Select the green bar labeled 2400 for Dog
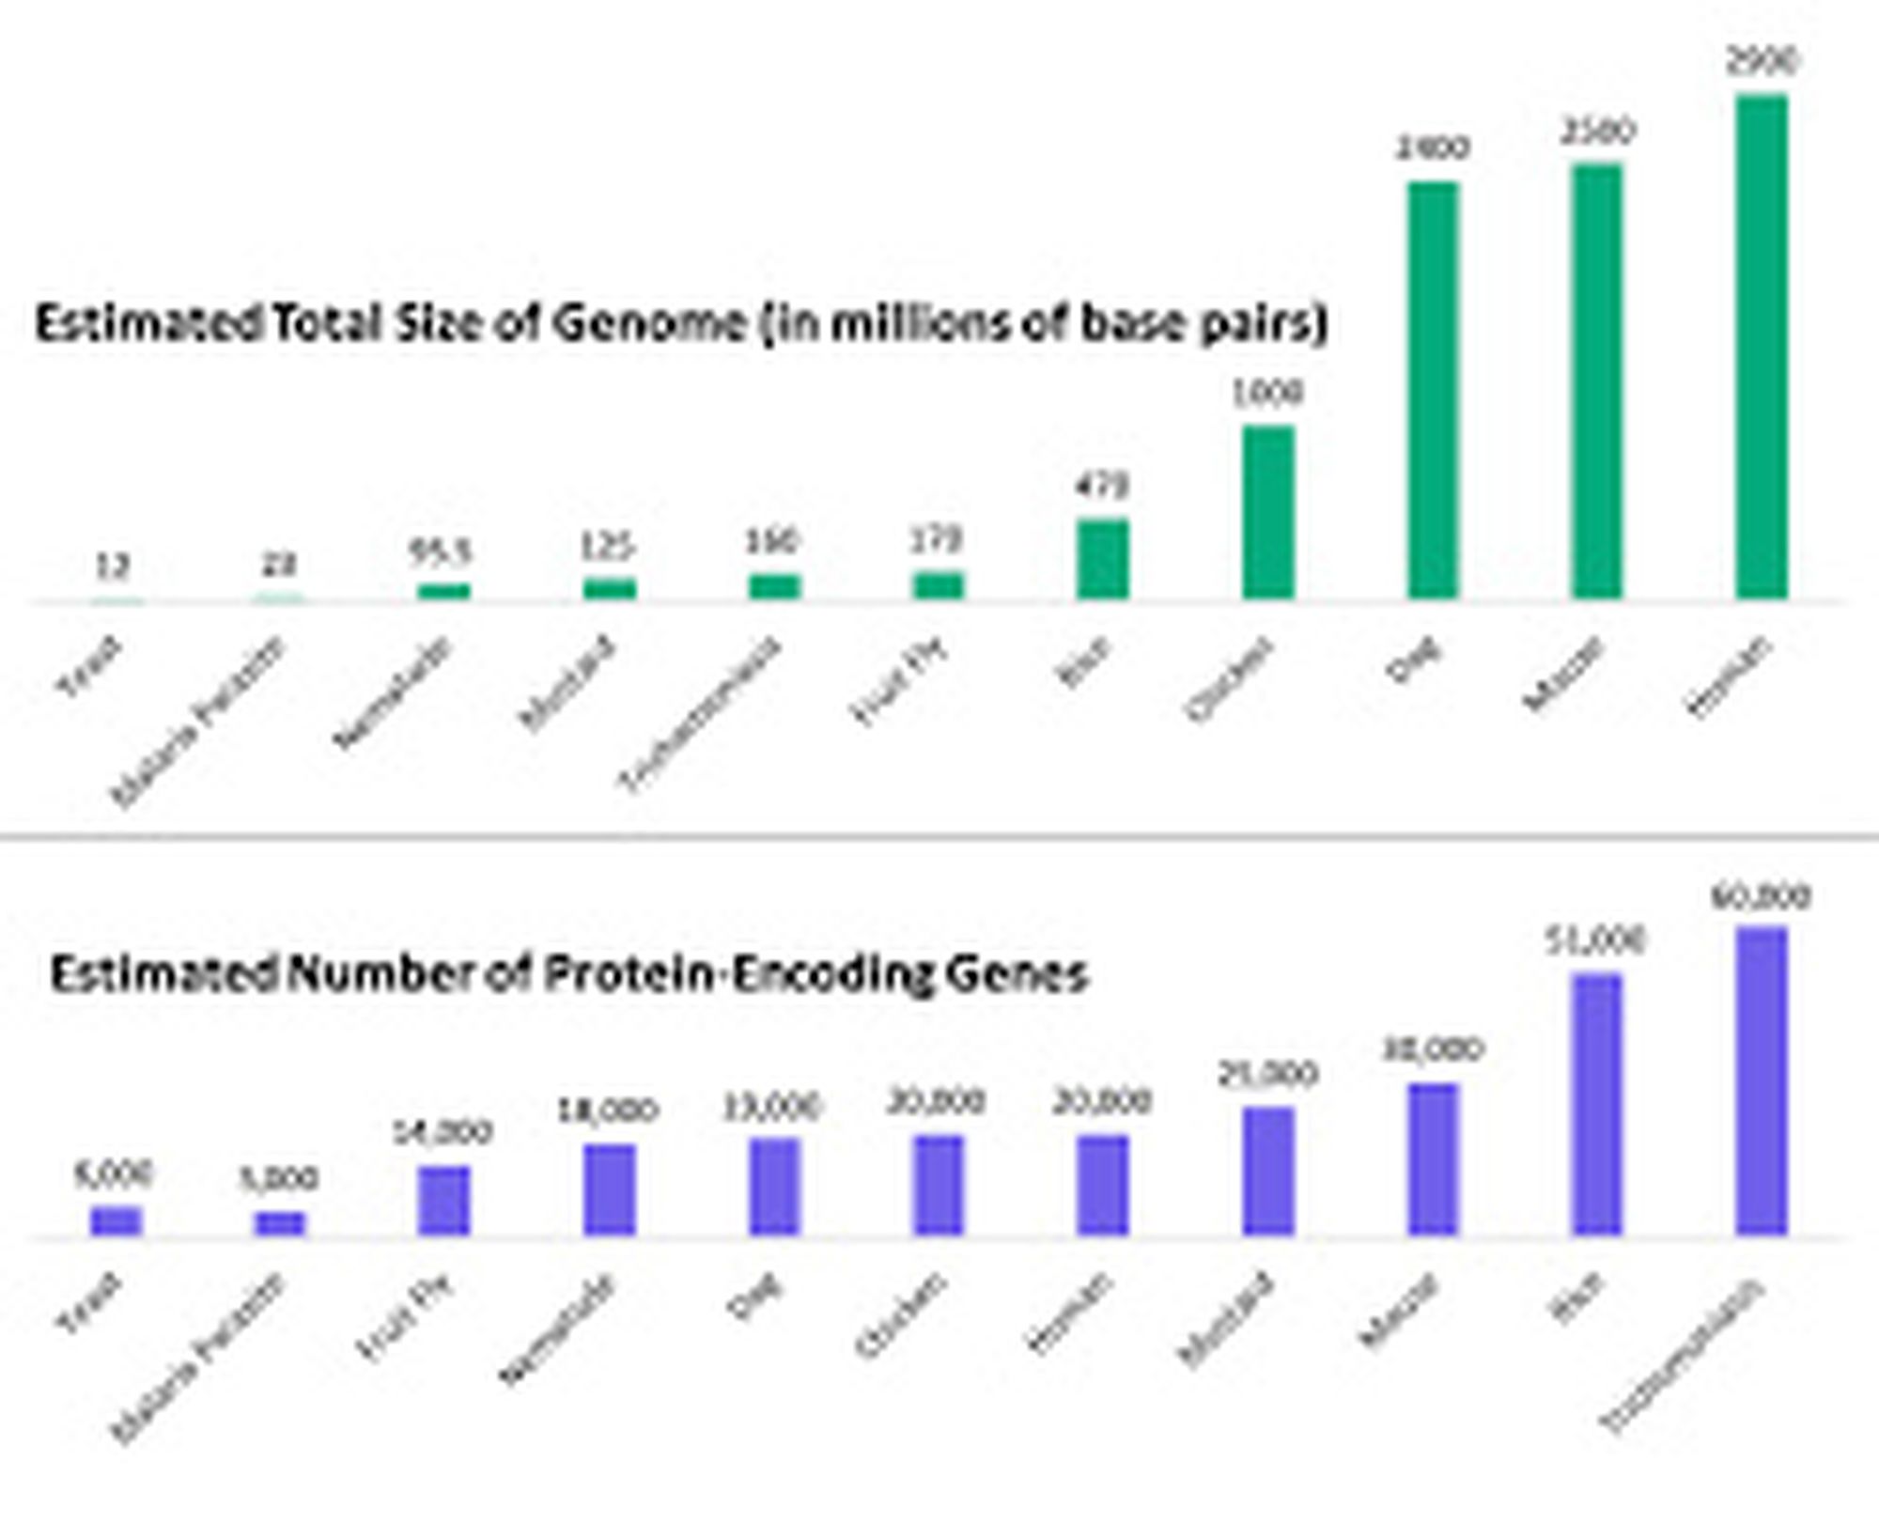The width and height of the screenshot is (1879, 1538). tap(1433, 390)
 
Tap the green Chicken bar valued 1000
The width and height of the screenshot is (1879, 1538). tap(1268, 512)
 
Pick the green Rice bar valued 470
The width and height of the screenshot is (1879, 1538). tap(1103, 559)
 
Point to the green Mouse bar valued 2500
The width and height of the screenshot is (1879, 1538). tap(1597, 381)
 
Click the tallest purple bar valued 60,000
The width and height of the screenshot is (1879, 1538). tap(1762, 1080)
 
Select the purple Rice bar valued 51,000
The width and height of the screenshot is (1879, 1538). tap(1597, 1104)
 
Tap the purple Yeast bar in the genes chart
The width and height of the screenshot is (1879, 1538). tap(116, 1220)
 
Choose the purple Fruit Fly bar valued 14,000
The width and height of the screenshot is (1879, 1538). tap(444, 1200)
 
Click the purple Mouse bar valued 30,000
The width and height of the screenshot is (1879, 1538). tap(1433, 1158)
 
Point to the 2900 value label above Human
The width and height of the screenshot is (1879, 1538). tap(1762, 62)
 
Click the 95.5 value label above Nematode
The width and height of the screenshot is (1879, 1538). tap(441, 552)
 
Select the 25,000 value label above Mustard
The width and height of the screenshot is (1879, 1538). tap(1268, 1074)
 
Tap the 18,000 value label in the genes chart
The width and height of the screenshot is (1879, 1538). tap(609, 1111)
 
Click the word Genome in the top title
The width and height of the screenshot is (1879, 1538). tap(648, 323)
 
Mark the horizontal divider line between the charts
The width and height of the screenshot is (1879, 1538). tap(939, 835)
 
